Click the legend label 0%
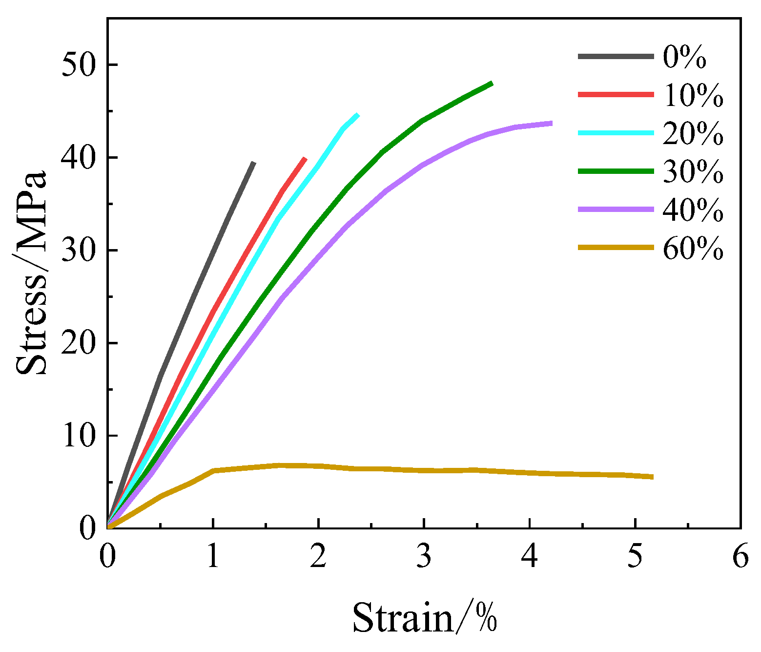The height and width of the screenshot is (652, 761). [684, 57]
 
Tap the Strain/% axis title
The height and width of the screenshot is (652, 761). [424, 618]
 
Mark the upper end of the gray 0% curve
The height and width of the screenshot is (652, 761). [253, 163]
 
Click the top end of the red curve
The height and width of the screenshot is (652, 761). [305, 159]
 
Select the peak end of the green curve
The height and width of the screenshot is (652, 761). [492, 84]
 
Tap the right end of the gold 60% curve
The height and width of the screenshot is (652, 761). [652, 477]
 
